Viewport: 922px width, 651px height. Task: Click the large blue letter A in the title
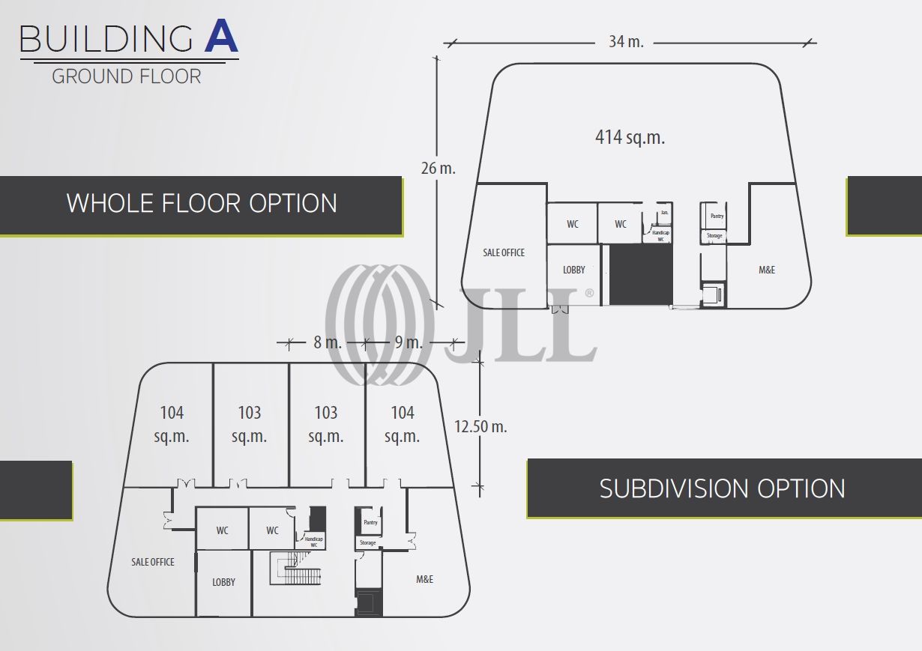point(221,37)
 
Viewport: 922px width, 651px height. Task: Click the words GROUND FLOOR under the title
point(127,76)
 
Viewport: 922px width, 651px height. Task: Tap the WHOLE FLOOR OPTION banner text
point(202,203)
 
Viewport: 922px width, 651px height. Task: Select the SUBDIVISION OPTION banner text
point(722,488)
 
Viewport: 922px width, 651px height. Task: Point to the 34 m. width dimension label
point(626,41)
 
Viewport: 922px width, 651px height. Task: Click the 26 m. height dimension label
point(439,168)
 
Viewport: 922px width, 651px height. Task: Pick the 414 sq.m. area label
point(630,137)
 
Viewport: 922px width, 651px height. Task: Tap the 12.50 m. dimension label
point(480,426)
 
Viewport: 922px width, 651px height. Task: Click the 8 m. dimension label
point(328,342)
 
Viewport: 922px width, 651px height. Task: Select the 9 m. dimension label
point(409,342)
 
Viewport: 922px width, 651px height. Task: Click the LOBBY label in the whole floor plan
point(574,270)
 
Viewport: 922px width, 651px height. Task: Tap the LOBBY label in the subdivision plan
point(223,582)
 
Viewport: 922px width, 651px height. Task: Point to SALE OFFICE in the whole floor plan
point(504,252)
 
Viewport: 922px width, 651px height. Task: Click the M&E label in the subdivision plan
point(424,579)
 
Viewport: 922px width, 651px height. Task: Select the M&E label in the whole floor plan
point(767,270)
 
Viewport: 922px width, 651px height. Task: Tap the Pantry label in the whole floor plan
point(717,216)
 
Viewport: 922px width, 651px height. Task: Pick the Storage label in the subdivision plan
point(367,542)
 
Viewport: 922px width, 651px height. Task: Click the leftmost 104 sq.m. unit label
point(172,424)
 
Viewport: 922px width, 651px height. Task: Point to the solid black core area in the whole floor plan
point(640,275)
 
